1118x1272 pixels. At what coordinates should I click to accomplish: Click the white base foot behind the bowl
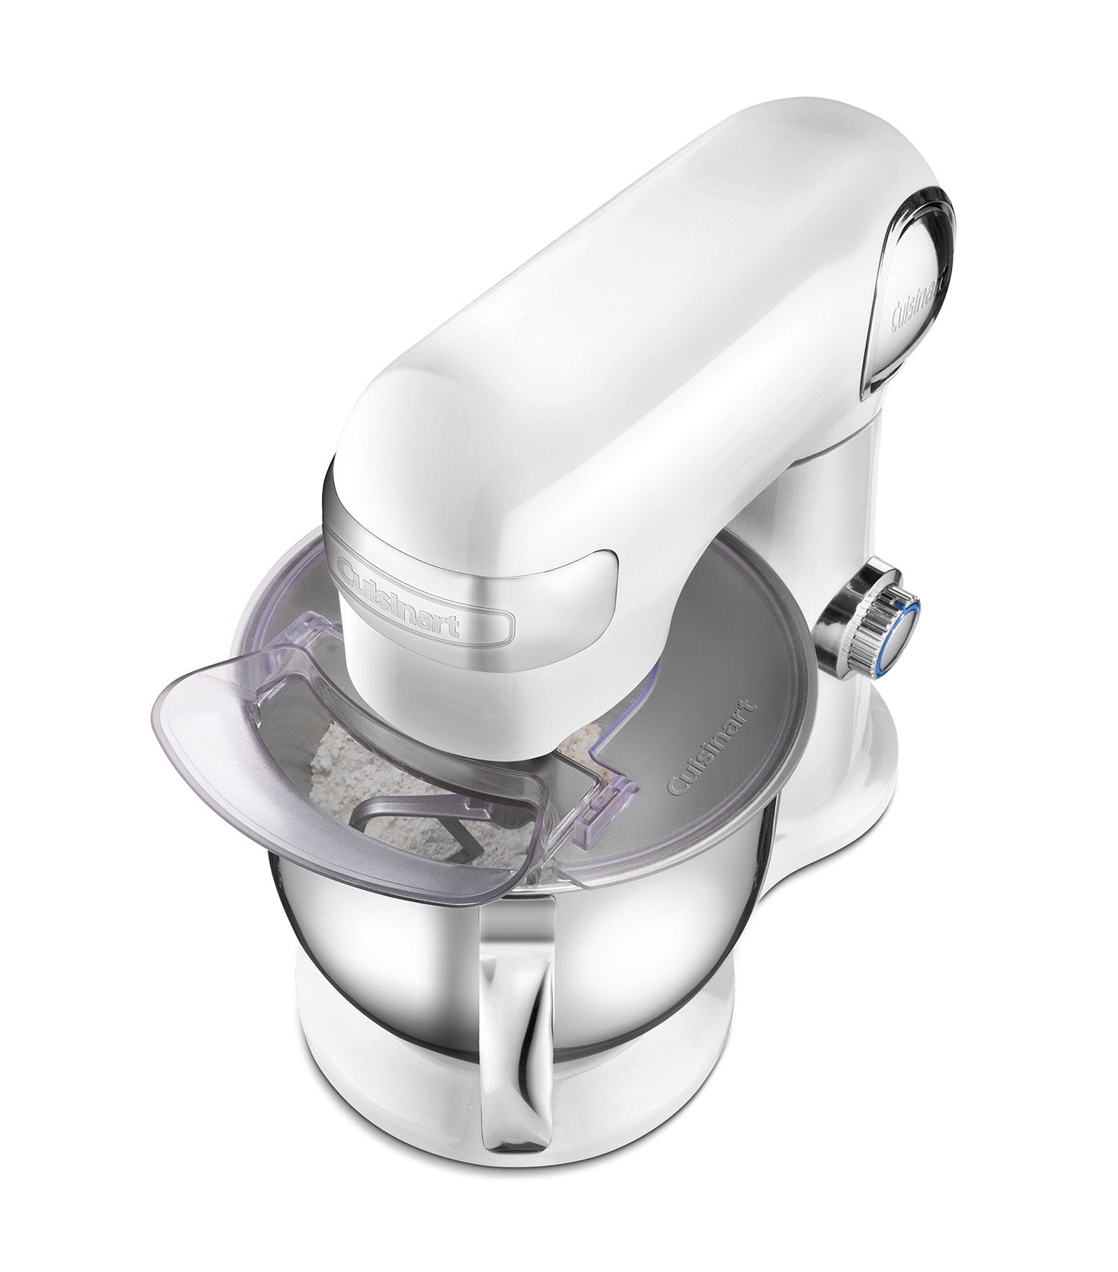[846, 807]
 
